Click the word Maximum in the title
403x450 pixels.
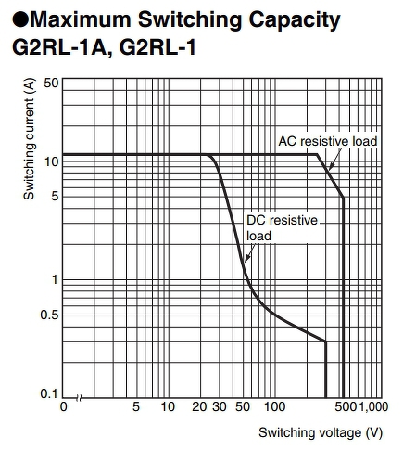click(81, 19)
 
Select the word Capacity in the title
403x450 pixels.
click(295, 21)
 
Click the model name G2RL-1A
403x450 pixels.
click(59, 47)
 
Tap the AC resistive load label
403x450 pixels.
click(328, 141)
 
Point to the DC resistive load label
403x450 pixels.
click(282, 228)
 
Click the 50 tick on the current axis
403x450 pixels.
click(51, 83)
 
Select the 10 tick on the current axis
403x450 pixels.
click(51, 161)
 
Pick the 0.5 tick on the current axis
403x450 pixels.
click(49, 315)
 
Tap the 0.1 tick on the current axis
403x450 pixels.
click(49, 393)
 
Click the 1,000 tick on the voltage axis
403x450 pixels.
click(373, 406)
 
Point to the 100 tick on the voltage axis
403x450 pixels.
click(274, 406)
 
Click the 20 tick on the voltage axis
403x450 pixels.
click(199, 406)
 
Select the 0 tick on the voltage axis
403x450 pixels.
click(63, 406)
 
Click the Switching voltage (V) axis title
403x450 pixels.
click(321, 432)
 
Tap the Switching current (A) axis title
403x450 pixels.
click(29, 139)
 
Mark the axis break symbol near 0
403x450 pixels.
click(80, 398)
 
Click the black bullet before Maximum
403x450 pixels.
click(20, 19)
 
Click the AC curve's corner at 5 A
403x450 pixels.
click(343, 198)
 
